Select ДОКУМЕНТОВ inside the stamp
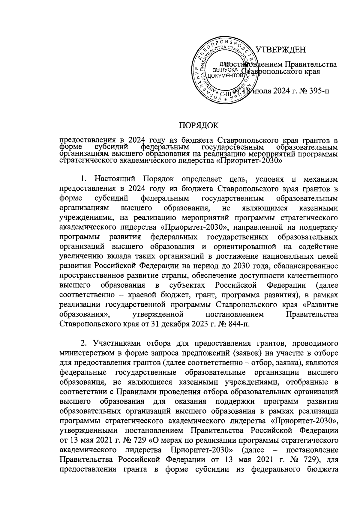coord(226,75)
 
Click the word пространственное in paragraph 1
coord(86,276)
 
